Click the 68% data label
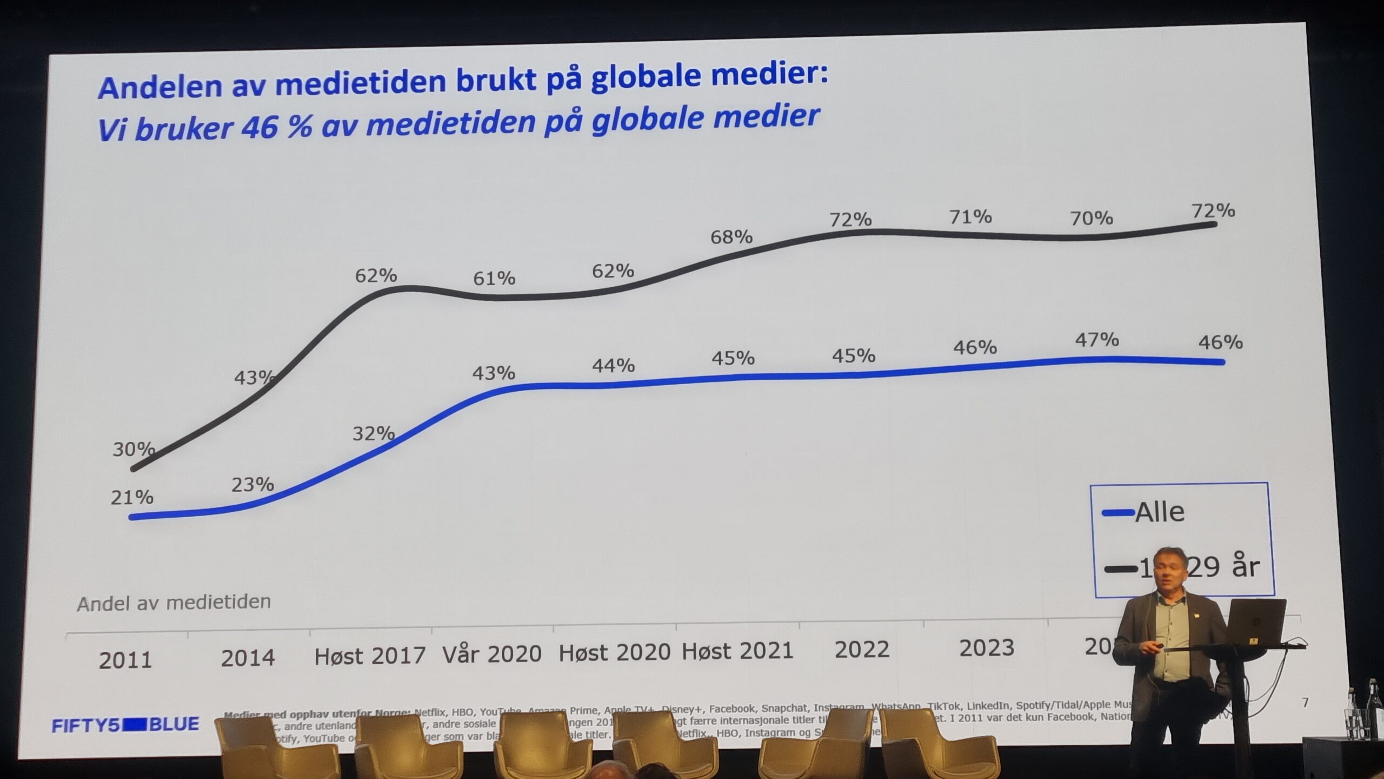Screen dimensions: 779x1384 pyautogui.click(x=731, y=237)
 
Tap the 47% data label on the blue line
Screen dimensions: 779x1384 pyautogui.click(x=1096, y=340)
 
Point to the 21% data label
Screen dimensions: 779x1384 pyautogui.click(x=132, y=497)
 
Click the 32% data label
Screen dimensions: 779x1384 pyautogui.click(x=373, y=433)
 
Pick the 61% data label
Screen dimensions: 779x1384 pyautogui.click(x=494, y=278)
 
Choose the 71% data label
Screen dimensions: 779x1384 pyautogui.click(x=970, y=217)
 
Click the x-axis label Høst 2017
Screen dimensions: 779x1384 pyautogui.click(x=370, y=656)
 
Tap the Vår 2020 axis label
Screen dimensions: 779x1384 pyautogui.click(x=492, y=654)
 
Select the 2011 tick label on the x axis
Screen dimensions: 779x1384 pyautogui.click(x=125, y=661)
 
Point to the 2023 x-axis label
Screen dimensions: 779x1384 pyautogui.click(x=987, y=648)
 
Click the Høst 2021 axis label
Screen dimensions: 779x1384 pyautogui.click(x=737, y=651)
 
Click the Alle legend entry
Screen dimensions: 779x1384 pyautogui.click(x=1159, y=512)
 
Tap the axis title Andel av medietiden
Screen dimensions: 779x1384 pyautogui.click(x=174, y=603)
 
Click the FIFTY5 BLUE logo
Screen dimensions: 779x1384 pyautogui.click(x=125, y=724)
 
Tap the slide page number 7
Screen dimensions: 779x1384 pyautogui.click(x=1305, y=702)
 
